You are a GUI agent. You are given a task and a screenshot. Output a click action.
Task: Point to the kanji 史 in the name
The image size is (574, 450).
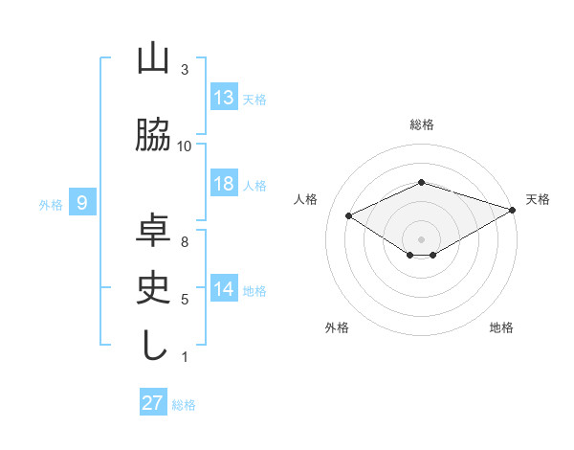click(154, 287)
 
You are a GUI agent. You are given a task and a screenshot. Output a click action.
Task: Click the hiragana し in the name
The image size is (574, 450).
click(154, 344)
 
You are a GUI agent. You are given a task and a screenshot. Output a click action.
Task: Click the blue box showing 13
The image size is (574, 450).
click(224, 98)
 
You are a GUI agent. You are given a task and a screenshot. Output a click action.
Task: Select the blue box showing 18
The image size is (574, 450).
click(224, 184)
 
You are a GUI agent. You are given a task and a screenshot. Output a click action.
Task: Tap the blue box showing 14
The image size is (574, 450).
click(224, 289)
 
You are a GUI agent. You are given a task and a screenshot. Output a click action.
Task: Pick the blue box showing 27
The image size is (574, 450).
click(153, 403)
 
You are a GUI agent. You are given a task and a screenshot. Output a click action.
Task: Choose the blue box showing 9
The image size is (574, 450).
click(82, 202)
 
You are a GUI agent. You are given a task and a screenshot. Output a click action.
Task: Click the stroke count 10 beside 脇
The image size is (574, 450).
click(185, 146)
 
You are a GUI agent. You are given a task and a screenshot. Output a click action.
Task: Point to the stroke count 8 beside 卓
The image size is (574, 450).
click(185, 241)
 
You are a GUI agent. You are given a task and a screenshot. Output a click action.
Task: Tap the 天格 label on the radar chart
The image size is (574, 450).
click(538, 199)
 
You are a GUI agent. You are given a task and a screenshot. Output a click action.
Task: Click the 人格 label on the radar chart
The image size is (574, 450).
click(305, 199)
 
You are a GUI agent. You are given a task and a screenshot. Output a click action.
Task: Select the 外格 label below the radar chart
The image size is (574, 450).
click(336, 327)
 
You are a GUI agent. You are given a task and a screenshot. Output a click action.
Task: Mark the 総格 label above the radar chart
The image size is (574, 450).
click(421, 124)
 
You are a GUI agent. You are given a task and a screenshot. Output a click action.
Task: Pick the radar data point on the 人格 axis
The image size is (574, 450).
click(349, 216)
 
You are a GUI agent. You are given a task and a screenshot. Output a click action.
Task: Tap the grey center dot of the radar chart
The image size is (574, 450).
click(421, 237)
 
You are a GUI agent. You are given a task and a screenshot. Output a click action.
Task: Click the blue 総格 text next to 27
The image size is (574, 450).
click(184, 405)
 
